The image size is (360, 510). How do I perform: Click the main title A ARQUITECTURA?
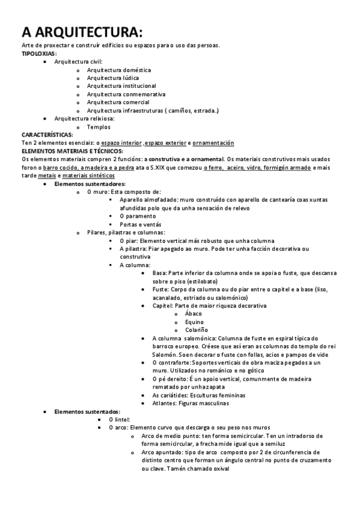point(82,32)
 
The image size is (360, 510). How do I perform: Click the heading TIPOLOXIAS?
point(38,54)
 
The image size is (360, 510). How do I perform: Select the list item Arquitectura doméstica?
point(118,70)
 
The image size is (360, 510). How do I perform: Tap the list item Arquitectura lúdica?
point(113,78)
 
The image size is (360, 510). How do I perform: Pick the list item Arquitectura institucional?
point(121,86)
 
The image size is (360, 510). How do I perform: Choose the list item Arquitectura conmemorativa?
point(126,94)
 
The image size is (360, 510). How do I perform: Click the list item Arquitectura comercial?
point(118,102)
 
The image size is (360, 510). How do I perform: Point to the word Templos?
point(99,127)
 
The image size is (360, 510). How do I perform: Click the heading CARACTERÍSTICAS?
point(47,135)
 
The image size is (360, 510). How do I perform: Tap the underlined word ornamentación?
point(213,143)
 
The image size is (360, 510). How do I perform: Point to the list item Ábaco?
point(194,313)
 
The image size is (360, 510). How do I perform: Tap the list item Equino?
point(194,322)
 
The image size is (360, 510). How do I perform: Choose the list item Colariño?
point(197,330)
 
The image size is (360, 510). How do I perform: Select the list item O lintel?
point(119,419)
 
